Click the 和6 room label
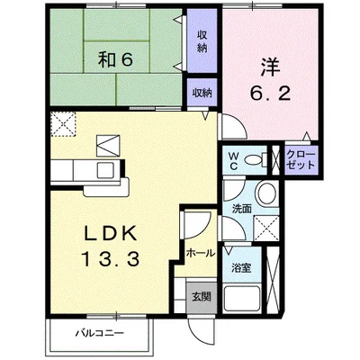(115, 60)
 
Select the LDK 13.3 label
(110, 247)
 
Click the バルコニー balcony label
(100, 333)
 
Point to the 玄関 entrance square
(202, 297)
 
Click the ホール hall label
(201, 254)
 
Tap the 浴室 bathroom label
(241, 267)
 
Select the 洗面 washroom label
(242, 209)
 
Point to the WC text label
(233, 161)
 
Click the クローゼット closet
(301, 160)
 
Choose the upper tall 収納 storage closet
(202, 40)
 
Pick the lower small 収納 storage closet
(202, 93)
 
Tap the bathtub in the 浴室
(242, 299)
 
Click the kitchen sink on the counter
(105, 170)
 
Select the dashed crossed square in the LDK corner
(63, 124)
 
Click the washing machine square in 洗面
(266, 228)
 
